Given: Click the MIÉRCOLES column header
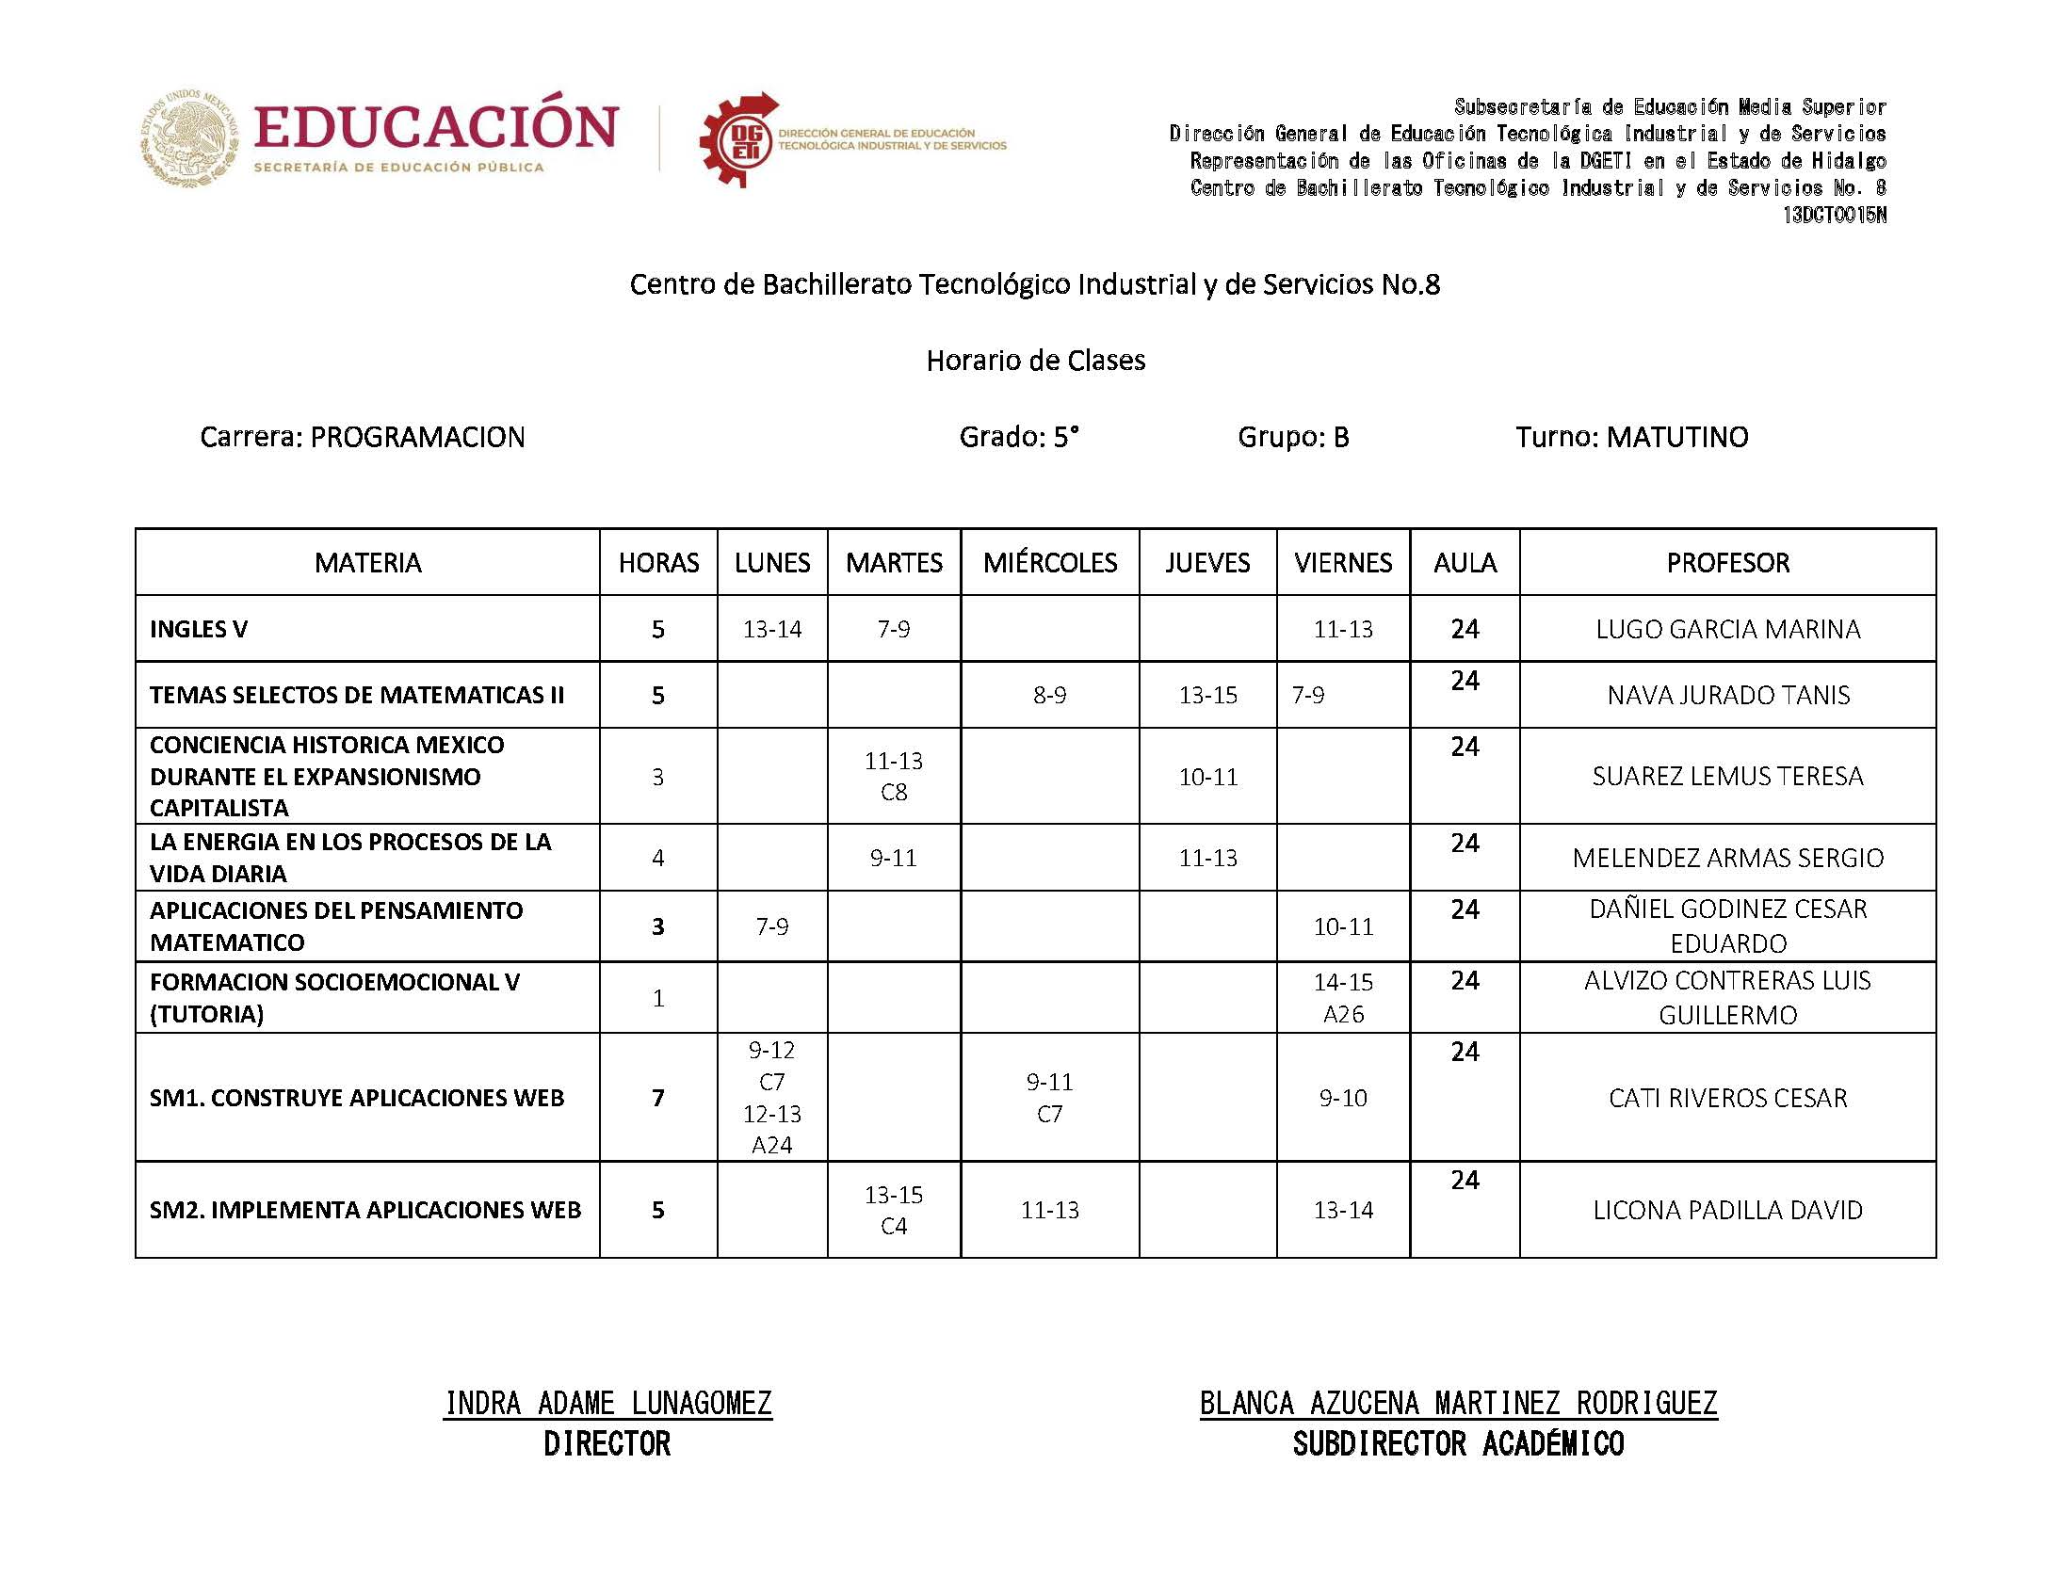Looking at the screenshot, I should [1050, 562].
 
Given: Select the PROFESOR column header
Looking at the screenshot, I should [1727, 562].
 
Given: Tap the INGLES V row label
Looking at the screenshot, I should [198, 629].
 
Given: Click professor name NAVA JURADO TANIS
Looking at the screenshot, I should [1727, 695].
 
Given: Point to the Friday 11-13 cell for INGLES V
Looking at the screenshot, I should [1342, 629].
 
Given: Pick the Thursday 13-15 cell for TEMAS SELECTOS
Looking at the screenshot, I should [1207, 695].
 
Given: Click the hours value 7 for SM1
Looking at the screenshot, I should [657, 1097].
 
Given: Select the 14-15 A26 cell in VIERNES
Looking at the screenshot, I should [1342, 998].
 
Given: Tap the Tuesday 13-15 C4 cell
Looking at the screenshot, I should [893, 1209].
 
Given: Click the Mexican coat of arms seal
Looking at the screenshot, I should [189, 138].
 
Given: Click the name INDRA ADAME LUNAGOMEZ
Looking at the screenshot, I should [607, 1403].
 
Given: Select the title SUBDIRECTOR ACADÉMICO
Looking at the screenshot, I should [1458, 1443].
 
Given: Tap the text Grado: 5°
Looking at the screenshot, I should [1018, 436].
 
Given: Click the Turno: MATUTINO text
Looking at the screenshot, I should [1631, 436].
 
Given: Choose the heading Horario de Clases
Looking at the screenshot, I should [1035, 361].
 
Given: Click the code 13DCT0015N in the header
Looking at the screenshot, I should [1833, 216].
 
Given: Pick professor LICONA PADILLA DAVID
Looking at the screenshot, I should [1727, 1209].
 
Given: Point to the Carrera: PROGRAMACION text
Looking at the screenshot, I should [363, 436].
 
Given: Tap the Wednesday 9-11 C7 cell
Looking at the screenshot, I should [1049, 1097].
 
